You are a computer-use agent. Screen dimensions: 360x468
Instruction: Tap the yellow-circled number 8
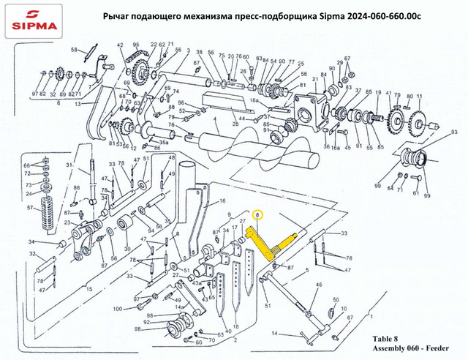[x=257, y=216]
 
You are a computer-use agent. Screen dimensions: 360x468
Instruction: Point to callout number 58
[x=74, y=49]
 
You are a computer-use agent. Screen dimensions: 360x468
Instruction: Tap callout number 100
[x=118, y=310]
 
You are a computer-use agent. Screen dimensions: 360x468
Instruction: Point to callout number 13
[x=76, y=105]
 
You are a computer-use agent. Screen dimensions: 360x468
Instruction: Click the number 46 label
[x=318, y=284]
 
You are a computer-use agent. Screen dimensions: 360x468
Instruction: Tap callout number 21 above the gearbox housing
[x=314, y=79]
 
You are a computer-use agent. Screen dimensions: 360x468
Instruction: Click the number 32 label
[x=32, y=254]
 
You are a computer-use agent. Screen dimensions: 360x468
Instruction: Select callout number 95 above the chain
[x=136, y=45]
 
